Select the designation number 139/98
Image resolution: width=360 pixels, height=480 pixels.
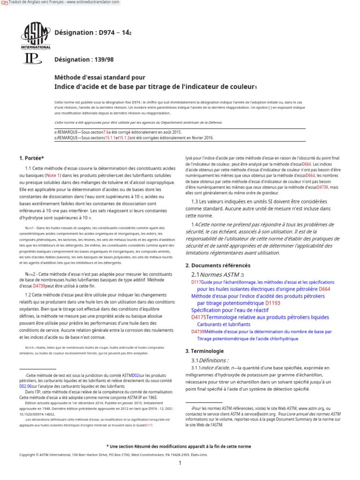(103, 60)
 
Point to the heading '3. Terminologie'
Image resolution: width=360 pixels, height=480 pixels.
(204, 351)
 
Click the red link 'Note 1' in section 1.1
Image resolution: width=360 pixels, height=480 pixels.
(52, 175)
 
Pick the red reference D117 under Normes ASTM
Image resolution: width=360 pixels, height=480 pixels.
(196, 282)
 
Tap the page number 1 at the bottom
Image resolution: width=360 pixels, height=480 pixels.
(180, 464)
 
